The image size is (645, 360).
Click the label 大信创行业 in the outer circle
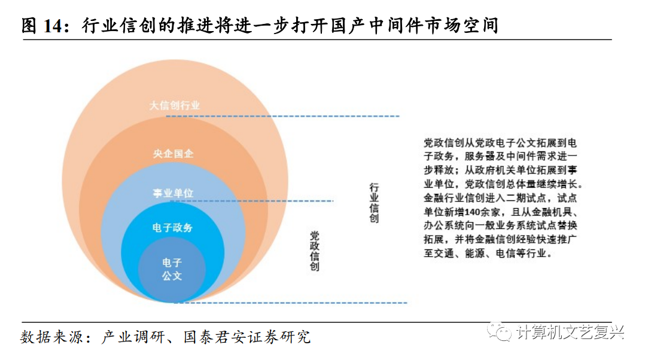[x=175, y=106]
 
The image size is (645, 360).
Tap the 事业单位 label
[x=173, y=193]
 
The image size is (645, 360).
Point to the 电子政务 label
[x=173, y=228]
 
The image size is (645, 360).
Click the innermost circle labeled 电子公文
[x=172, y=270]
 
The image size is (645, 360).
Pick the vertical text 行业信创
[x=374, y=203]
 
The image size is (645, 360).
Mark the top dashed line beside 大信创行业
[x=281, y=116]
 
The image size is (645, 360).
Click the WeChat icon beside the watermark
[x=500, y=332]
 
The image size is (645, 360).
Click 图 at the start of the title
[x=29, y=26]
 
